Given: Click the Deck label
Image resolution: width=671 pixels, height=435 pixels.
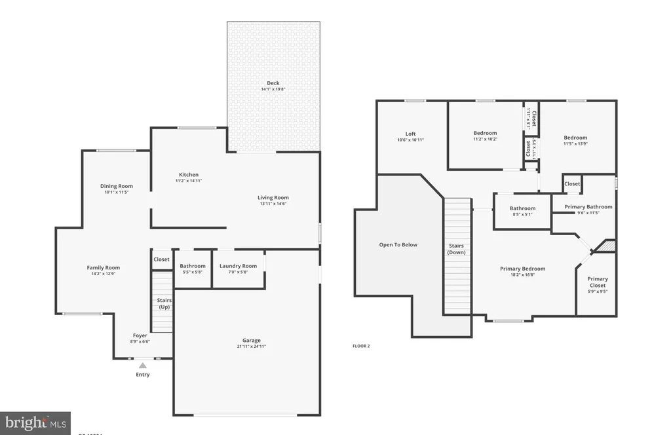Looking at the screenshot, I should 273,83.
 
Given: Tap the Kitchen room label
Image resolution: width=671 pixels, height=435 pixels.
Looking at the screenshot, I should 189,175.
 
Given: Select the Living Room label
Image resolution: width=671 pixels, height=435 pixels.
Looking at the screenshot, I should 273,198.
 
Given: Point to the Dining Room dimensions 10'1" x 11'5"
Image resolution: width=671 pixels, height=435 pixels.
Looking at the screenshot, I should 117,193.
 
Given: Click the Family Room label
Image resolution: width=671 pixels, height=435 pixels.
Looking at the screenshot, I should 104,267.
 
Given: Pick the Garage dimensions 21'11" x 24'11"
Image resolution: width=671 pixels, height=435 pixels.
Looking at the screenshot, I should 252,347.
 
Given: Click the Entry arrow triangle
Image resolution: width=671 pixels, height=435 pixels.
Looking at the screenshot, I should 143,366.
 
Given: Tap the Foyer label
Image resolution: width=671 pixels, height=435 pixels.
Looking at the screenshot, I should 140,335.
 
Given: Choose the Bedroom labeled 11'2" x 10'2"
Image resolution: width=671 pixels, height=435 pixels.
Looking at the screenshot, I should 485,133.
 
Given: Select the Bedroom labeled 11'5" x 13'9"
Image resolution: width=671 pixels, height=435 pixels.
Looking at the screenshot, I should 575,138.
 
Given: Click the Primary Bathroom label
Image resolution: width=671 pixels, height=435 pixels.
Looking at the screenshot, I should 588,207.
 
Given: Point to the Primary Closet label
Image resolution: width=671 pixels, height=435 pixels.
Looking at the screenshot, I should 597,282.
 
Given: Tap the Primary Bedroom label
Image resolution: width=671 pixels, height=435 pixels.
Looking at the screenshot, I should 522,269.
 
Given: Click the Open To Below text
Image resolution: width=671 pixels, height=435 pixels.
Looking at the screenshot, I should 398,245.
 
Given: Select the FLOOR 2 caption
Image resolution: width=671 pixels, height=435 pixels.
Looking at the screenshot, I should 361,346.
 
